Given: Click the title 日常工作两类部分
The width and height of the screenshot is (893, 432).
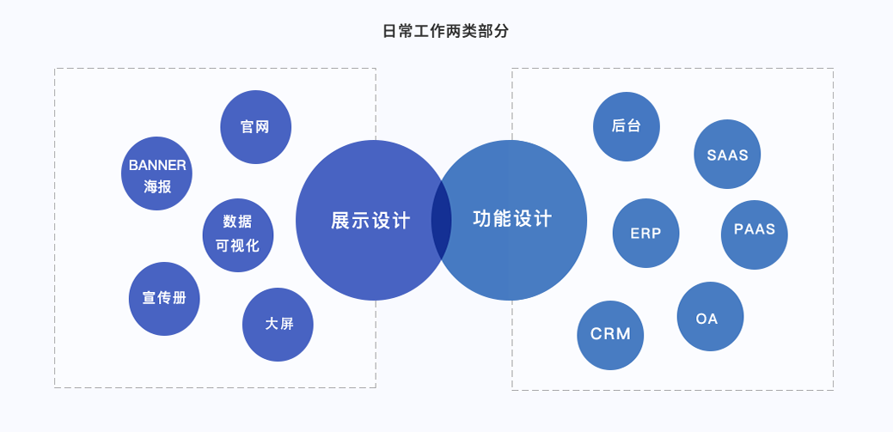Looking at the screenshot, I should coord(445,32).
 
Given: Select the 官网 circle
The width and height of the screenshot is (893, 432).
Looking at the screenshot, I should coord(256,127).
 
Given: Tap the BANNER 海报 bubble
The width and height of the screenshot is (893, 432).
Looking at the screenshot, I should coord(156,174).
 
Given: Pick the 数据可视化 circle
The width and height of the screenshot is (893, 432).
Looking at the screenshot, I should coord(238,234).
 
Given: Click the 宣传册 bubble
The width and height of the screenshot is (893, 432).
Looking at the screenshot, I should coord(164,299).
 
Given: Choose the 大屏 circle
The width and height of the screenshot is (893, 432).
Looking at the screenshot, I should coord(278,325).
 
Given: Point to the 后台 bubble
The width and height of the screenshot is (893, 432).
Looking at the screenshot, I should coord(627,126).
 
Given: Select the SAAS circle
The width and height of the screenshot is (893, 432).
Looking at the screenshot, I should coord(727,155).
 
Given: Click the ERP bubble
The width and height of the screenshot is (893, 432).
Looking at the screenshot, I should coord(645,233).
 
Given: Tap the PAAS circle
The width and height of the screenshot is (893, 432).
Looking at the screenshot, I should coord(754,230).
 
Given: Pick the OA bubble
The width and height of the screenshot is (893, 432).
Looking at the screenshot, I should coord(710,317).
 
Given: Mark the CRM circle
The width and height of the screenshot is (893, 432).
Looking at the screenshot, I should coord(610,335).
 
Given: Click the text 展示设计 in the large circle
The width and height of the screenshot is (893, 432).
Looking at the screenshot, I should coord(370,221).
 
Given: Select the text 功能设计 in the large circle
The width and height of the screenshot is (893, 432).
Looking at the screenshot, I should coord(512,219).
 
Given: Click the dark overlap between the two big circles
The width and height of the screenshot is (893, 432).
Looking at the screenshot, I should coord(441,220).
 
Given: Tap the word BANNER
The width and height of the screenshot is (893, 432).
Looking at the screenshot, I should coord(157,165).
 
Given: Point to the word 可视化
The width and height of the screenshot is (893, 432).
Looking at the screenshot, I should coord(238,246).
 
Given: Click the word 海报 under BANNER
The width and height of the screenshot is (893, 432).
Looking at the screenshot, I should coord(157,186).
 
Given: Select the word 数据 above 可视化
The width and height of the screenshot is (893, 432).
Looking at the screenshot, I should coord(238,222).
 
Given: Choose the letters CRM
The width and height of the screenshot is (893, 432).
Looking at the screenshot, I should coord(610,335).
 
